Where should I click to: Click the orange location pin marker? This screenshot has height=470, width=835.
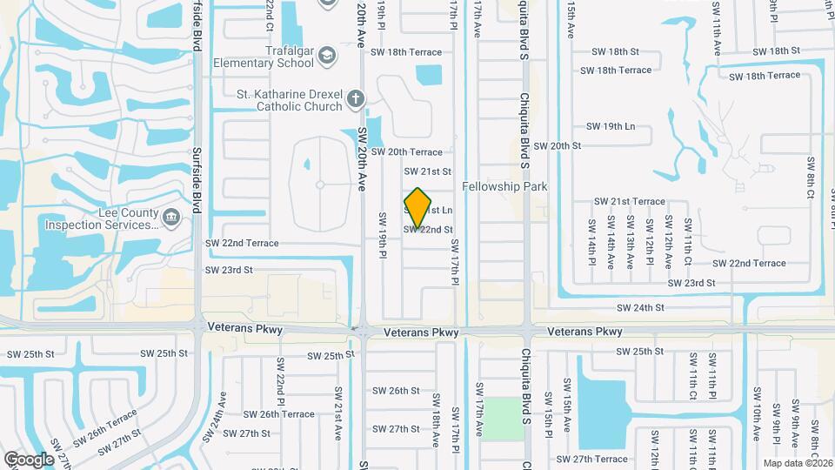point(418,207)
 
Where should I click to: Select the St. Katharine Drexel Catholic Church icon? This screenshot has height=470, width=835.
point(354,98)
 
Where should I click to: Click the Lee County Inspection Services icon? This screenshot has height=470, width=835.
point(171,216)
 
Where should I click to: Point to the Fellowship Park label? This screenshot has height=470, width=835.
point(504,186)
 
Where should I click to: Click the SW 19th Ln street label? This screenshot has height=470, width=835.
point(611,126)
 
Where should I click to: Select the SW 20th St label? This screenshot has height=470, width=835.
point(557,145)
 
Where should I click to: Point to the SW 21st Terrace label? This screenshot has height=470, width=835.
point(629,201)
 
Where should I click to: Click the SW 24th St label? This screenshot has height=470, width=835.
point(640,307)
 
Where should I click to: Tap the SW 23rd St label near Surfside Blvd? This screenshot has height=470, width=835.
point(229,270)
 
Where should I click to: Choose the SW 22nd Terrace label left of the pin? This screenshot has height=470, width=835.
point(242,243)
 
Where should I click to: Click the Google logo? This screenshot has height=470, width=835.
point(29,459)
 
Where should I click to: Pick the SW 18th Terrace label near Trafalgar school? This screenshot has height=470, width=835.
point(407,52)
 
